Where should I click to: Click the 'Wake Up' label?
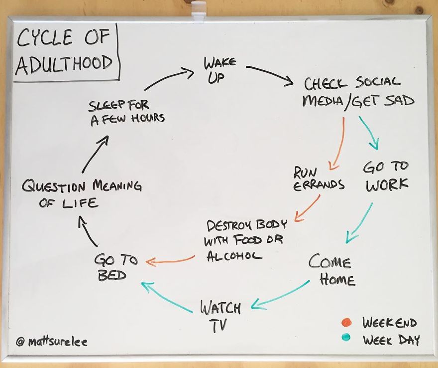point(219,70)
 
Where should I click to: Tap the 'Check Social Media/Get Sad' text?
point(359,92)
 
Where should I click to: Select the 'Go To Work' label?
point(386,176)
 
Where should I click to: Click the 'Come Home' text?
point(331,270)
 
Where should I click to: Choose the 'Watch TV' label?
point(220,316)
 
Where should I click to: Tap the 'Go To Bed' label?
point(110,267)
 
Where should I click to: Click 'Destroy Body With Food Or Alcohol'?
point(243,239)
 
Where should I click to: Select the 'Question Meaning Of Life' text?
point(82,193)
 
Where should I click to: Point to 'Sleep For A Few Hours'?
point(127,112)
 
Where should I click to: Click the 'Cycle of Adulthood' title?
point(64,51)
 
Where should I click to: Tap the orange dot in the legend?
point(347,322)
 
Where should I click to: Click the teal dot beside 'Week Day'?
point(346,338)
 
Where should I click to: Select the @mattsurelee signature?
point(51,343)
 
